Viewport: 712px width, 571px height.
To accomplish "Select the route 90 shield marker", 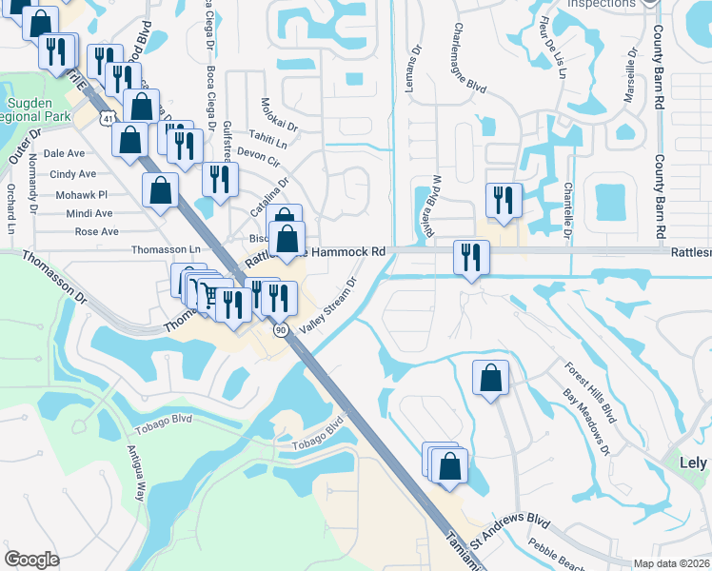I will pos(281,329).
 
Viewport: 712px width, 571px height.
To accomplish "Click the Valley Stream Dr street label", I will pos(328,305).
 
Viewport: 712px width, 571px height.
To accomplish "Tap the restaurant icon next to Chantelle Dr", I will pos(503,199).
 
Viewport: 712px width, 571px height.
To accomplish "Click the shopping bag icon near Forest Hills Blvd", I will pos(490,378).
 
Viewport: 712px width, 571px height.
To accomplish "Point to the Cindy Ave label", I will pos(73,174).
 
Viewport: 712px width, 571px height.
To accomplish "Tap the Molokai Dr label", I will pos(279,115).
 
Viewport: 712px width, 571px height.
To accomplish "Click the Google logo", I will pos(32,560).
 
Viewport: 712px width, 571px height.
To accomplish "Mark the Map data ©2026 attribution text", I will pos(672,563).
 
